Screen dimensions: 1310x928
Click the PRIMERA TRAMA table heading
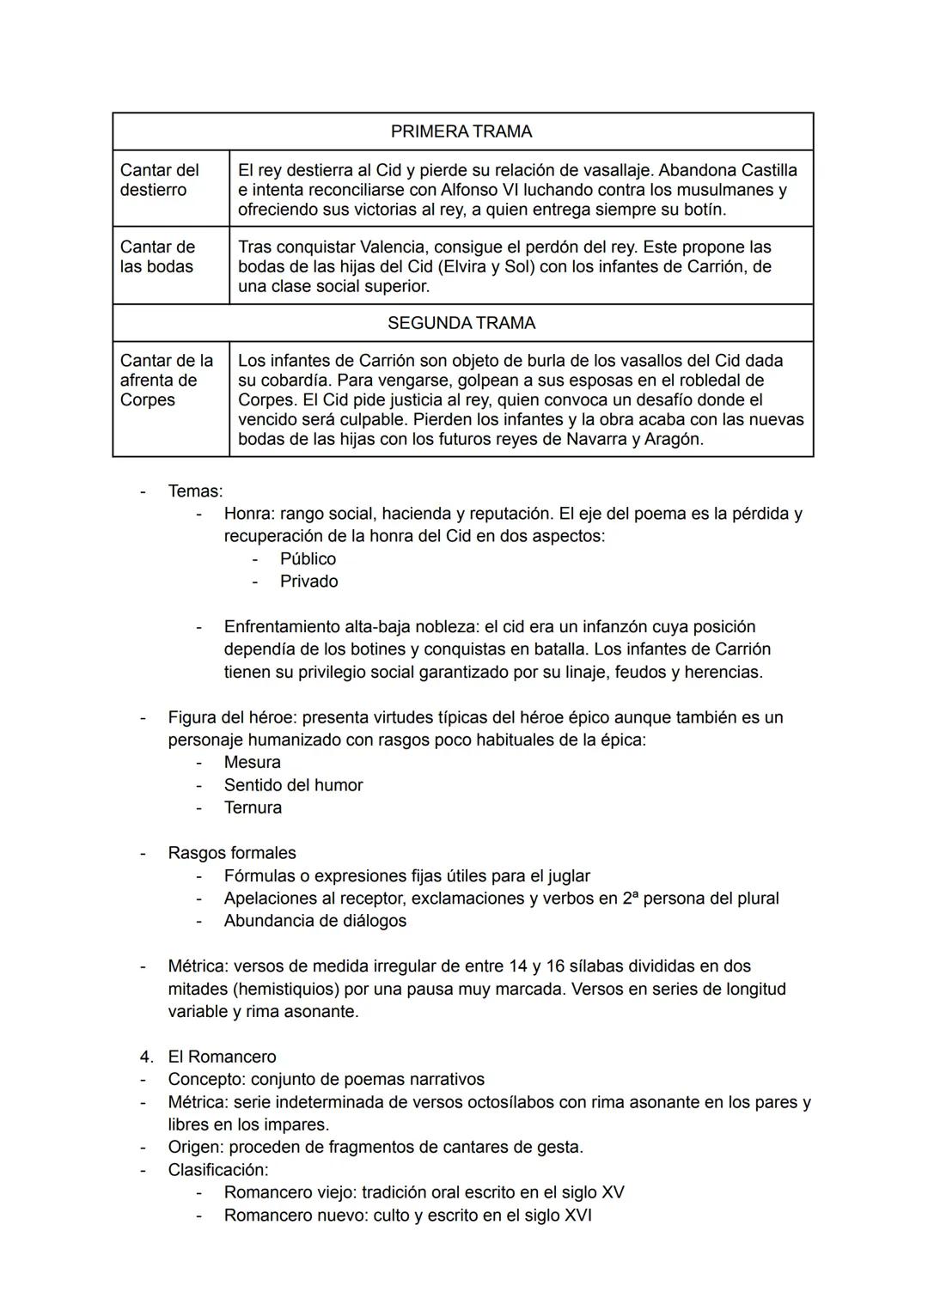pos(461,131)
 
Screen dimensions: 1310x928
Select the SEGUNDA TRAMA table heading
pos(461,323)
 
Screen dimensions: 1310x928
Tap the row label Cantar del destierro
pos(159,180)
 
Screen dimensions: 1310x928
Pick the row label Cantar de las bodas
pos(157,256)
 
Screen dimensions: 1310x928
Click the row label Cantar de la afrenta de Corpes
pos(166,380)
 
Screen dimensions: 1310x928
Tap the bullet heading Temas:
pos(195,491)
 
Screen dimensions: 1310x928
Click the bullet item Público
pos(308,559)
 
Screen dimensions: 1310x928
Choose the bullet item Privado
pos(308,582)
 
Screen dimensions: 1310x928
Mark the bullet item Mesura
pos(252,763)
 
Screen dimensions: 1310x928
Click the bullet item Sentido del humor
pos(293,785)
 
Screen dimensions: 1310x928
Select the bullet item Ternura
pos(253,807)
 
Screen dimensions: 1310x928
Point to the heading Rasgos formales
pos(232,853)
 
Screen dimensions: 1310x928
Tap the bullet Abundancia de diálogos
pos(314,921)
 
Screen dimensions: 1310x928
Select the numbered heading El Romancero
pos(222,1057)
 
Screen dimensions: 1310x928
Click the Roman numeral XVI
pos(577,1216)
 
